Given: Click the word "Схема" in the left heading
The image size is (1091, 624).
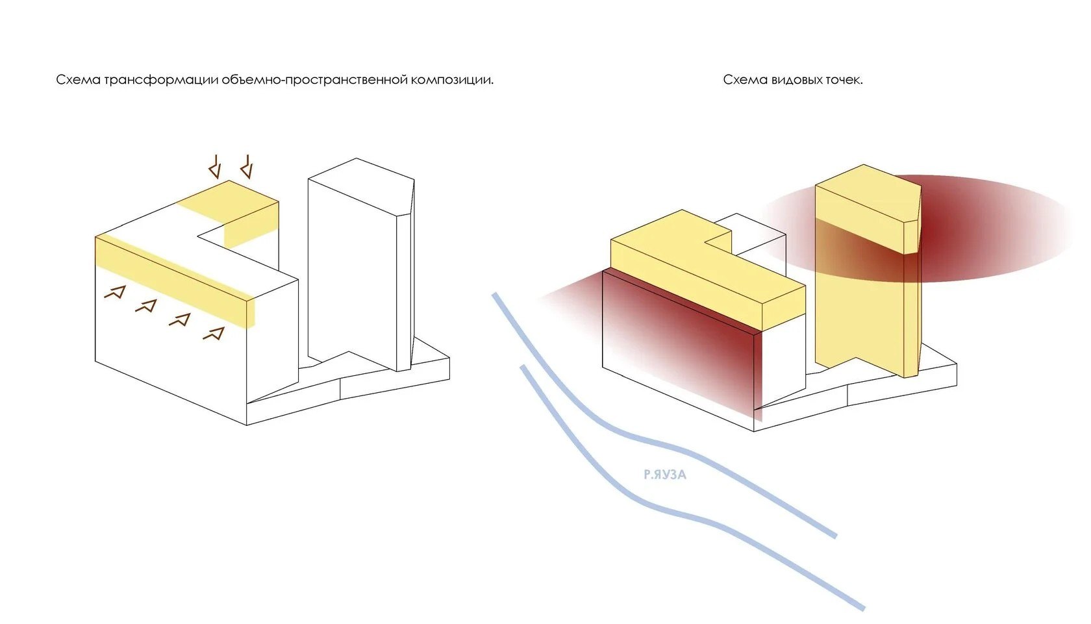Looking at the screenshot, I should click(x=78, y=80).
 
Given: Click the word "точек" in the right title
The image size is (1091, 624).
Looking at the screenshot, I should click(x=844, y=80).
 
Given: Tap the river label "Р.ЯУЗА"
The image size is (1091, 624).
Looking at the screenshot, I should click(x=664, y=475).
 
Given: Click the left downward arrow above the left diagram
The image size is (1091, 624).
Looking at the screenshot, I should click(x=215, y=168).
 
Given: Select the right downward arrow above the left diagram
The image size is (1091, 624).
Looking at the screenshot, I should click(x=246, y=167).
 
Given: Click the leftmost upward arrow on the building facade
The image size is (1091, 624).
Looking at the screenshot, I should click(x=114, y=292).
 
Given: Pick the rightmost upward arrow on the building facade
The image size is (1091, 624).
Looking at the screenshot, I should click(x=214, y=333).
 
